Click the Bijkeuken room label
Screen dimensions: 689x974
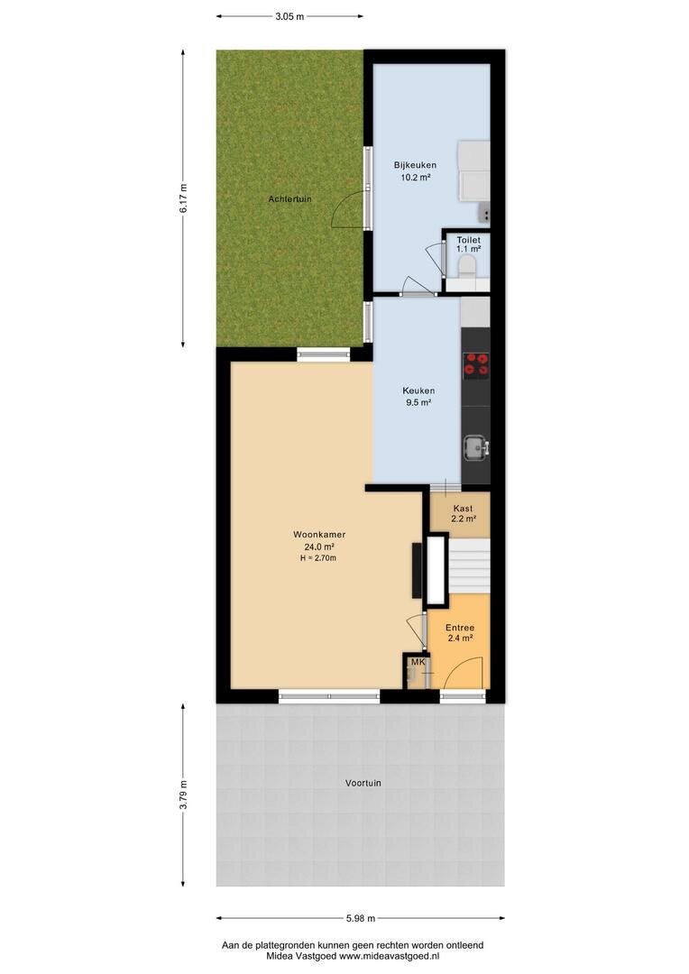[x=415, y=165]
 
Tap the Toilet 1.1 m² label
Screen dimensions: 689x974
[x=468, y=244]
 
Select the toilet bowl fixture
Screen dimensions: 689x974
[x=465, y=268]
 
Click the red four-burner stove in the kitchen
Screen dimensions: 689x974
[x=476, y=365]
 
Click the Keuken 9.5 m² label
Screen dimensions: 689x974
[x=418, y=396]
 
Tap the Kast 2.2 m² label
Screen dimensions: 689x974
[x=463, y=513]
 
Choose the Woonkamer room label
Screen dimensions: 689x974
[x=319, y=534]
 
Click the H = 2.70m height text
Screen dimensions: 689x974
[x=318, y=558]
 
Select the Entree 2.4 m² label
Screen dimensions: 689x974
[x=460, y=632]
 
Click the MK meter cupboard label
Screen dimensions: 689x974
[x=418, y=662]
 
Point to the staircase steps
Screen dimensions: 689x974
[x=469, y=565]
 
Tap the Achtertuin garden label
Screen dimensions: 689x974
[x=289, y=199]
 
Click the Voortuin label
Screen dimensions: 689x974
[x=363, y=784]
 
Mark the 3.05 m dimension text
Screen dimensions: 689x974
[x=289, y=17]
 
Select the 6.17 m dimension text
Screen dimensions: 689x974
[x=183, y=198]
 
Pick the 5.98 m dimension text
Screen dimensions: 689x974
[x=361, y=918]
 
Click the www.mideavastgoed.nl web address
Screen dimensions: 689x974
[x=389, y=957]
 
